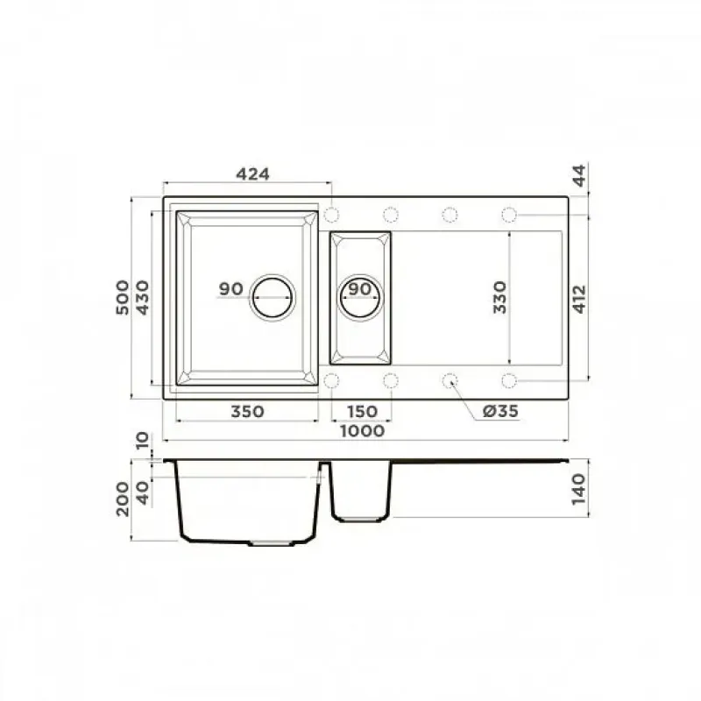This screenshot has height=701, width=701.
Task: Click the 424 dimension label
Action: pos(252,173)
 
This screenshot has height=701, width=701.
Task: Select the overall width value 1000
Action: pos(362,431)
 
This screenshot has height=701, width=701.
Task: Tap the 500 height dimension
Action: pos(123,297)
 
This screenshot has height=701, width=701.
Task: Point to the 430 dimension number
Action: pos(142,297)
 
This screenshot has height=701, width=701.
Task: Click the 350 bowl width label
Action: pos(247,411)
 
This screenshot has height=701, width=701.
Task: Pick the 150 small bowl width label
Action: pos(361,411)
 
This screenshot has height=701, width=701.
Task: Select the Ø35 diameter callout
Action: pos(500,410)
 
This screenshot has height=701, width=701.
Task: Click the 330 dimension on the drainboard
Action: pos(499,297)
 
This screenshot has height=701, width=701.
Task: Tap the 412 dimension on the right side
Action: pos(579,299)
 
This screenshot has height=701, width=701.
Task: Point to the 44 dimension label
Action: pos(579,175)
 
